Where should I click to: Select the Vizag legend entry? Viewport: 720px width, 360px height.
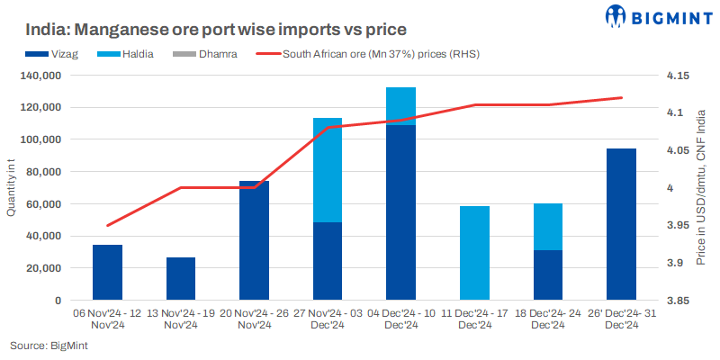click(x=76, y=54)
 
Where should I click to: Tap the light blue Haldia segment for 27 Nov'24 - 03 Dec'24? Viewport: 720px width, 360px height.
click(x=328, y=170)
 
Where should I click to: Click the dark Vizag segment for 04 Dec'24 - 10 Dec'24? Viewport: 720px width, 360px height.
click(x=400, y=211)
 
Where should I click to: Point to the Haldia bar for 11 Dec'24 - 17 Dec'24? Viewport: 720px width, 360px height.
click(x=474, y=253)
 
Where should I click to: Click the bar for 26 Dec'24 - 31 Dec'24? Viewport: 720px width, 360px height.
click(x=621, y=224)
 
